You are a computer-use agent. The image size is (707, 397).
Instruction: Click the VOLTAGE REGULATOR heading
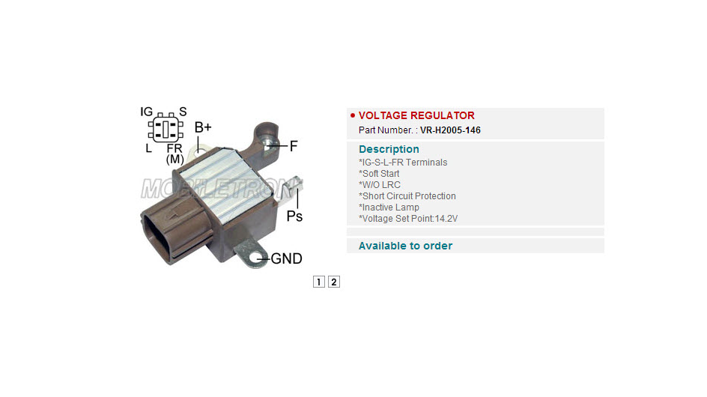[416, 115]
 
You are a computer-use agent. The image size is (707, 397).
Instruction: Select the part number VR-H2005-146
[450, 130]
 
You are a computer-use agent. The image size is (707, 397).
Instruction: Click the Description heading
[389, 149]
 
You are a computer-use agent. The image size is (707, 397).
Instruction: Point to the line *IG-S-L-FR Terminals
[403, 163]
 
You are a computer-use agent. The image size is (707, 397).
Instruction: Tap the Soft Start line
[379, 174]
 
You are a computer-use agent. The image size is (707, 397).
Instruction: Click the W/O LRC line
[379, 185]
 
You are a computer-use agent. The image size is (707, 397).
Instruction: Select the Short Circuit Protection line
[407, 196]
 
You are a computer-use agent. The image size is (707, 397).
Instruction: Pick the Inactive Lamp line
[389, 207]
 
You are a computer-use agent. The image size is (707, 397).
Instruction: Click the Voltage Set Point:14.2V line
[408, 219]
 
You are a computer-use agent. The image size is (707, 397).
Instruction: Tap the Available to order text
[405, 246]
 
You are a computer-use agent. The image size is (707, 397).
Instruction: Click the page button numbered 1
[319, 282]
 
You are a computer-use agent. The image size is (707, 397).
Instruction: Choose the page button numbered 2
[334, 282]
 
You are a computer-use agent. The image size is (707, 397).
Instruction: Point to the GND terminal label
[286, 258]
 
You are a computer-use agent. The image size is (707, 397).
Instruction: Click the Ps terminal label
[294, 216]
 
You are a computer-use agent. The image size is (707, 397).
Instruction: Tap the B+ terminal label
[203, 127]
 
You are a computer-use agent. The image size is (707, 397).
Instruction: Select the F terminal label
[294, 146]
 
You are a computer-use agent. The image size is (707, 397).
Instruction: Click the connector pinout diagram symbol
[166, 129]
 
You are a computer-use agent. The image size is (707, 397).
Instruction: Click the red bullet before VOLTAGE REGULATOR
[353, 115]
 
